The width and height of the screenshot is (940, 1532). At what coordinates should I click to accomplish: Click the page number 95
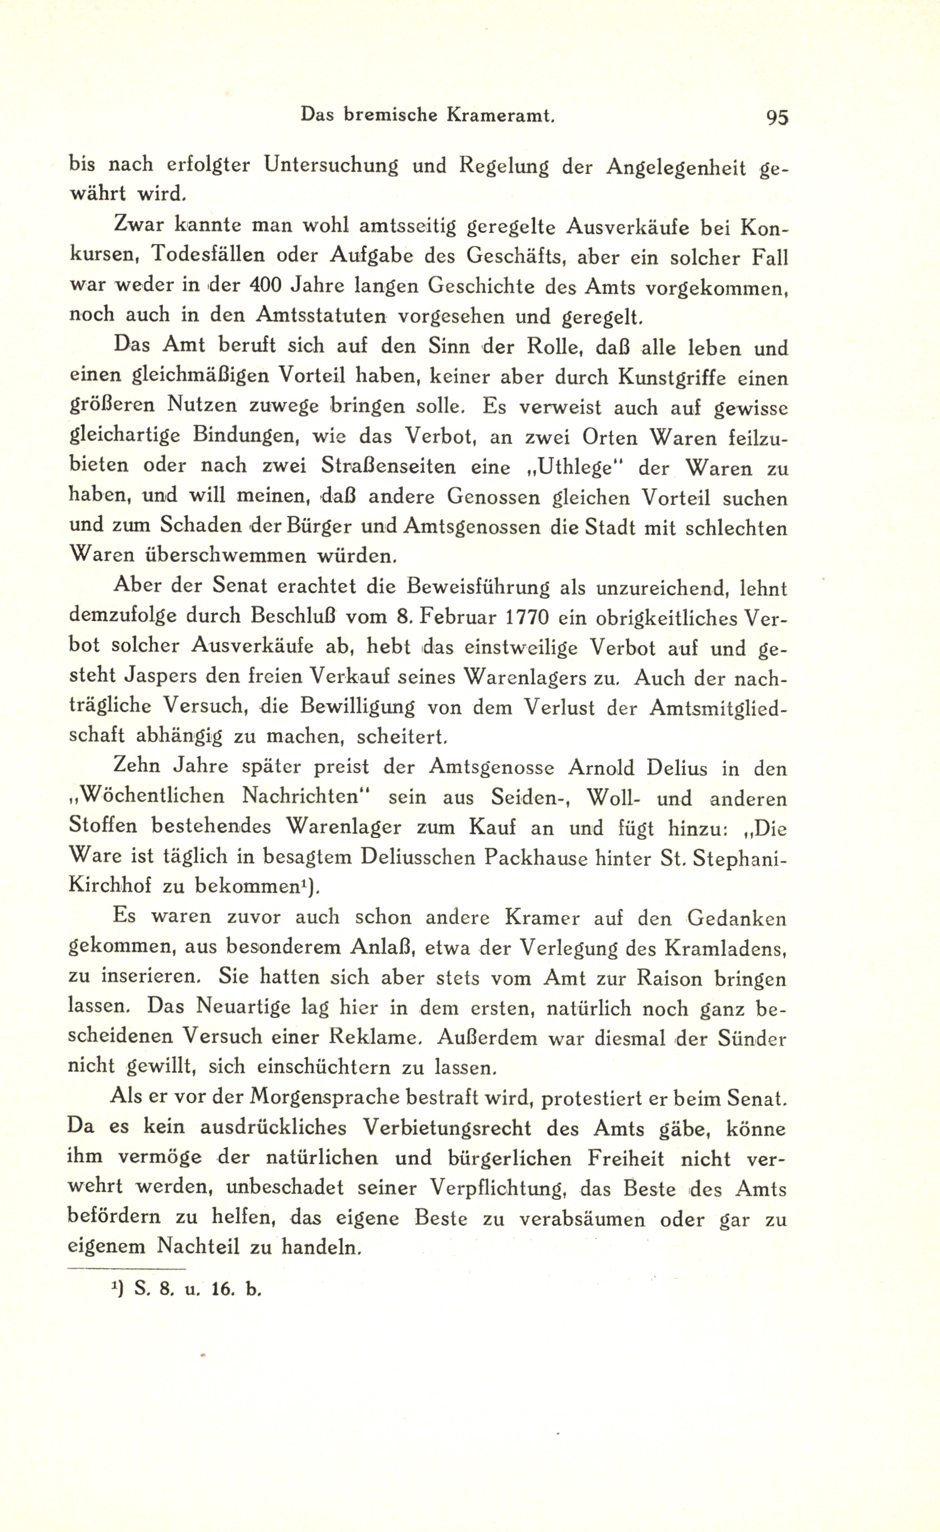pyautogui.click(x=777, y=118)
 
